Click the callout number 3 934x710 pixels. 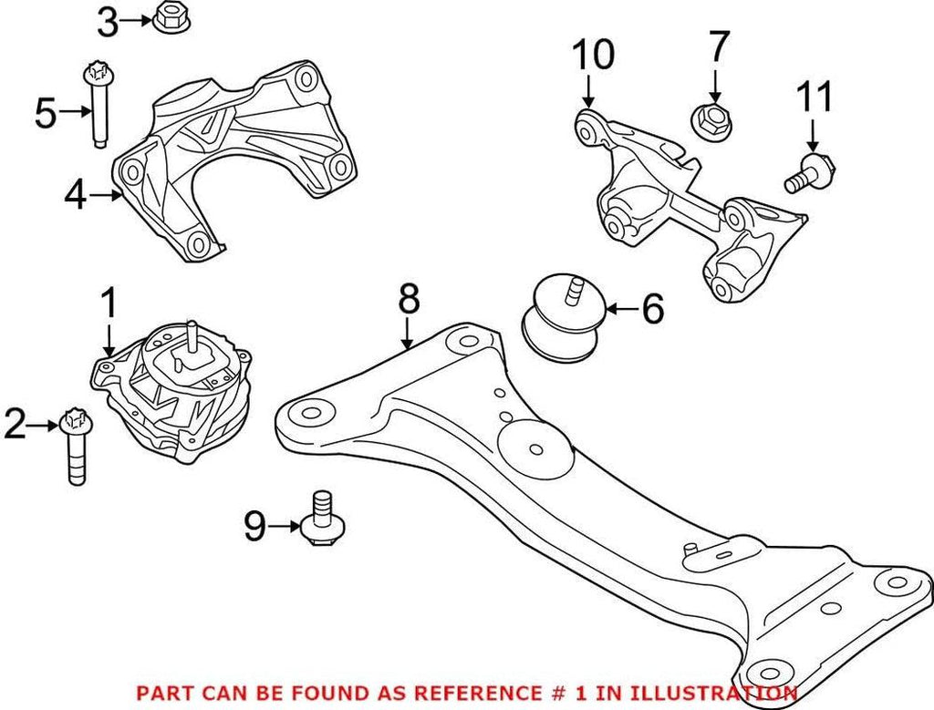coord(109,22)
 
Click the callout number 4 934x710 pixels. coord(77,194)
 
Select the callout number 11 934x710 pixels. coord(815,97)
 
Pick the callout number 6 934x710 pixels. coord(652,310)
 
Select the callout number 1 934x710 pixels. coord(109,304)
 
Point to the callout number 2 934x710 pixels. coord(16,424)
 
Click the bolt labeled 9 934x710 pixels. coord(319,520)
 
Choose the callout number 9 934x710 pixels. coord(257,525)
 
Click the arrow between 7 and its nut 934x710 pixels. coord(715,86)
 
